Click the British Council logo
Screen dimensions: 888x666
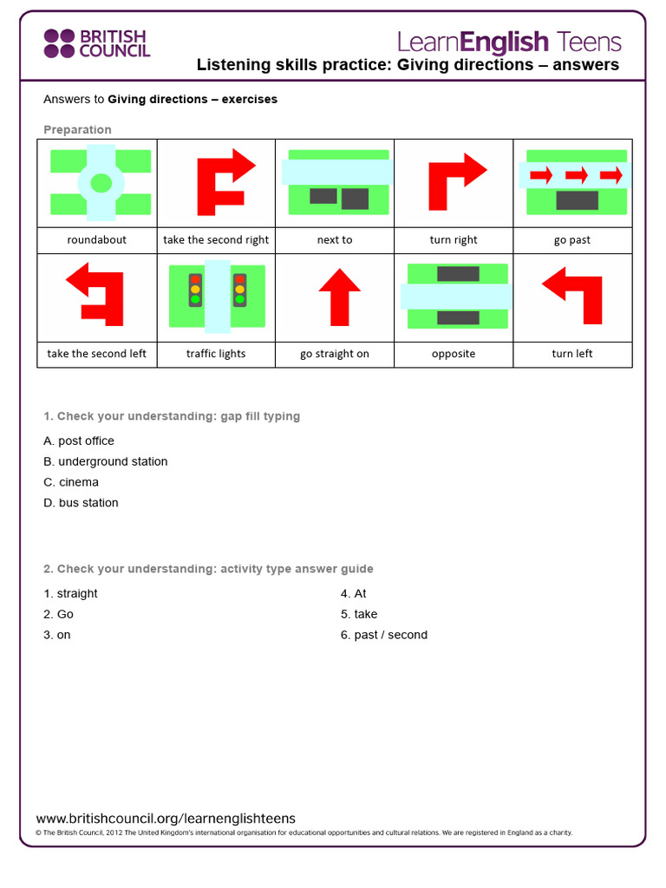pyautogui.click(x=96, y=42)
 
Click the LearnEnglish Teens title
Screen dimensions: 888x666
pyautogui.click(x=509, y=42)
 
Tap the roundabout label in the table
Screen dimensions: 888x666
pyautogui.click(x=96, y=240)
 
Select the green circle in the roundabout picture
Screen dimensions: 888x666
pyautogui.click(x=101, y=183)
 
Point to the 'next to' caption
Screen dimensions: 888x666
pyautogui.click(x=335, y=240)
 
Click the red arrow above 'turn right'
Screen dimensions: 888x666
pyautogui.click(x=455, y=180)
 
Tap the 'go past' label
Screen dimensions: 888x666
pyautogui.click(x=572, y=240)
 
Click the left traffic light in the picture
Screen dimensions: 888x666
pyautogui.click(x=195, y=290)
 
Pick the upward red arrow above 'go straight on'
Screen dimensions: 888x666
pyautogui.click(x=339, y=296)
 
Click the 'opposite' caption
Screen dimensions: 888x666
pyautogui.click(x=454, y=354)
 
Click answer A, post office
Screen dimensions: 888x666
pyautogui.click(x=79, y=441)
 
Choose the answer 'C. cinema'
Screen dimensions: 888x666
pyautogui.click(x=71, y=482)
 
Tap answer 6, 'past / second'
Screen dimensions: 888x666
pyautogui.click(x=383, y=635)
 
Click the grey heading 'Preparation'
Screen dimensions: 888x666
pyautogui.click(x=77, y=130)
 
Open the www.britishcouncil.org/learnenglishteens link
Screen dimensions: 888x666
pyautogui.click(x=166, y=819)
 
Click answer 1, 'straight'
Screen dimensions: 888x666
pyautogui.click(x=70, y=593)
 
